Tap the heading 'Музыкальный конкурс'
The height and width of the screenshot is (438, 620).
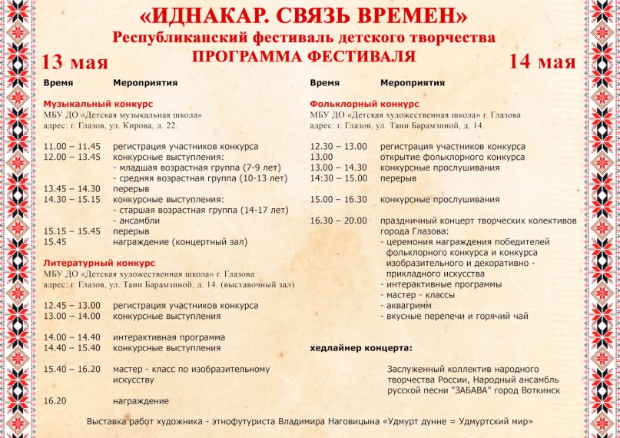[98, 103]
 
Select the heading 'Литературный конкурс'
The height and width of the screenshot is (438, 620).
[99, 262]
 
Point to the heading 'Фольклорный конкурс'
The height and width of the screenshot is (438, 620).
[364, 103]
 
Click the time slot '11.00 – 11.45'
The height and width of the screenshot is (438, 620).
[72, 146]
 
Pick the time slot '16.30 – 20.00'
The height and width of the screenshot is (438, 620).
[339, 221]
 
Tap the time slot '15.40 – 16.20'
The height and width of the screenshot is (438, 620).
[72, 369]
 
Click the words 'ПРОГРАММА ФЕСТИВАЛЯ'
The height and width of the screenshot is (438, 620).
[303, 56]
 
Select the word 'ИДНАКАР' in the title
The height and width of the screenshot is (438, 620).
[205, 16]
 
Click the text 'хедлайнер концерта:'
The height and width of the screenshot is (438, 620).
[360, 347]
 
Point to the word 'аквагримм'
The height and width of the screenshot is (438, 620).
[409, 305]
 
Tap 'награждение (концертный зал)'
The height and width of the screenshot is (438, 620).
[180, 241]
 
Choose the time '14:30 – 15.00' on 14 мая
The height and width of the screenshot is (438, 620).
[339, 178]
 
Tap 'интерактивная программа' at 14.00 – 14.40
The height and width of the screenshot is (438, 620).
[168, 337]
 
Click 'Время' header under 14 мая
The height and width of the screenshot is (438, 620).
[326, 82]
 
